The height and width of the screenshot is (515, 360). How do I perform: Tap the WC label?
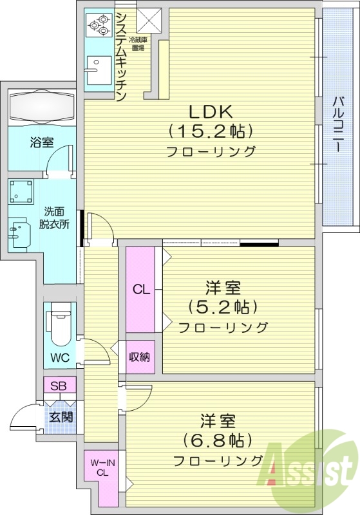pyautogui.click(x=60, y=357)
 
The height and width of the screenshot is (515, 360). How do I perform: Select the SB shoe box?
pyautogui.click(x=59, y=386)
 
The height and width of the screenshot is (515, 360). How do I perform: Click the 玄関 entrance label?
pyautogui.click(x=61, y=417)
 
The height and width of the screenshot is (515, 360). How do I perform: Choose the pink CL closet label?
pyautogui.click(x=141, y=289)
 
